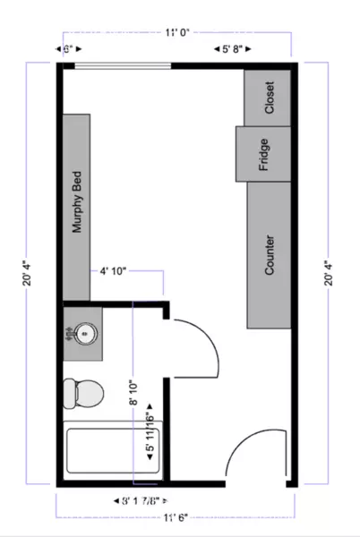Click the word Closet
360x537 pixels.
(x=270, y=98)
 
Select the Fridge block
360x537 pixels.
(x=264, y=153)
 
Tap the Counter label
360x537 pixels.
(x=270, y=254)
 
